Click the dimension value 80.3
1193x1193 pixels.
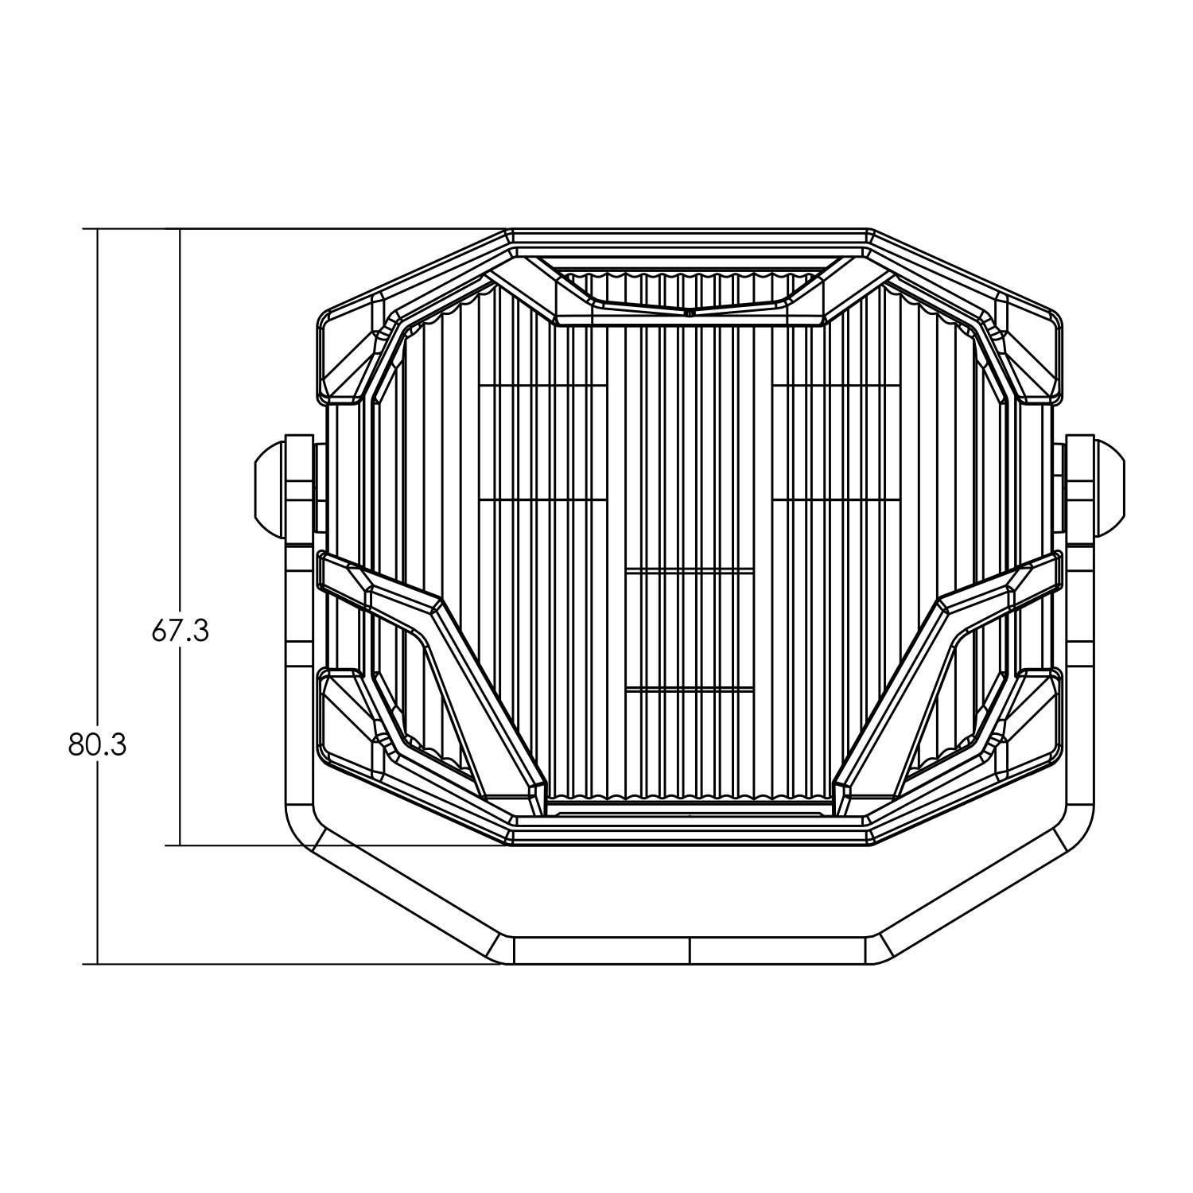click(97, 745)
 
